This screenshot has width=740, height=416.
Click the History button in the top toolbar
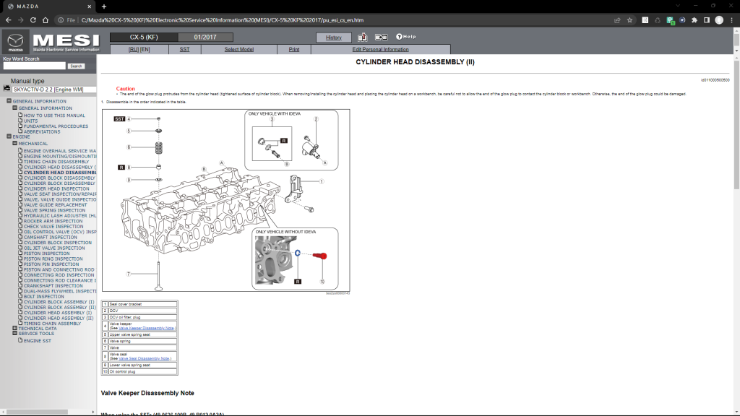[x=334, y=37]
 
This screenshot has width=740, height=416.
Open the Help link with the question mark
[x=405, y=37]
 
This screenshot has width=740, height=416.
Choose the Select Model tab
[x=238, y=49]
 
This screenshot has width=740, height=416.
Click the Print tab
[x=294, y=49]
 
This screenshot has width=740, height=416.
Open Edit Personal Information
[x=380, y=49]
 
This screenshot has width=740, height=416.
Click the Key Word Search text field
[x=33, y=66]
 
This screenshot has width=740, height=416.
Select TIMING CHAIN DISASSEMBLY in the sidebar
[x=56, y=162]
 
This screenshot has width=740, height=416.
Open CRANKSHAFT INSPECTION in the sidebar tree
[x=53, y=286]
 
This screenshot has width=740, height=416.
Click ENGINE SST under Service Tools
[x=38, y=340]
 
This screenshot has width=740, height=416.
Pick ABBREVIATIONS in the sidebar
[x=41, y=131]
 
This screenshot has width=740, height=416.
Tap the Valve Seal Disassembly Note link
[x=145, y=358]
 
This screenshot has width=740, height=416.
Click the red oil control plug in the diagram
[x=322, y=256]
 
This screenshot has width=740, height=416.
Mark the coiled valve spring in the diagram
[x=158, y=148]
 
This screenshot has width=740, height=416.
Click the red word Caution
[x=126, y=89]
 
